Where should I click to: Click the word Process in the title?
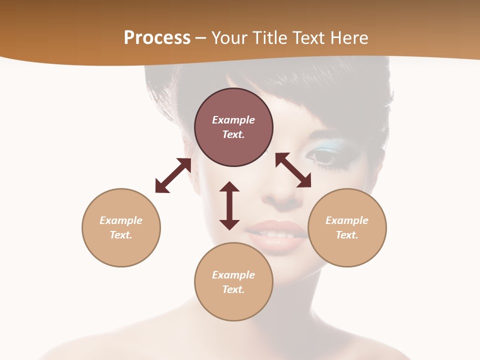click(x=157, y=38)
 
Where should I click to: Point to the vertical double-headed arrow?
click(x=229, y=205)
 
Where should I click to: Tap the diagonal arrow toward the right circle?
click(x=293, y=170)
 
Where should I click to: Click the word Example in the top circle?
click(x=233, y=120)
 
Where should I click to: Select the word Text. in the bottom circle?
click(x=233, y=289)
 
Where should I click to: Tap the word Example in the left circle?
click(x=121, y=220)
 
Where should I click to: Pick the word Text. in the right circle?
click(x=347, y=235)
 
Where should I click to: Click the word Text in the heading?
click(x=307, y=38)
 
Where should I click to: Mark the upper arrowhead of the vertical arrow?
click(x=229, y=187)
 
